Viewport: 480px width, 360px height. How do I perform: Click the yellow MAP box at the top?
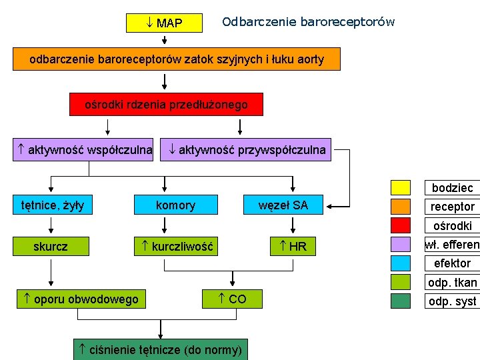(x=164, y=23)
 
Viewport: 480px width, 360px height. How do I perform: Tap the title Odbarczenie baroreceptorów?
(x=308, y=22)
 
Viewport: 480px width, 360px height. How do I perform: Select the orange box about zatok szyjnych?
(x=177, y=59)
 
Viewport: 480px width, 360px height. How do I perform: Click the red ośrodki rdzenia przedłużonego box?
(x=166, y=104)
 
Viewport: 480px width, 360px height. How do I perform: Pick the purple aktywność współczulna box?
(x=83, y=149)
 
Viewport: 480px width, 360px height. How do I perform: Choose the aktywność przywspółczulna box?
(x=247, y=149)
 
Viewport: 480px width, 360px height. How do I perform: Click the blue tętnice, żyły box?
(x=51, y=205)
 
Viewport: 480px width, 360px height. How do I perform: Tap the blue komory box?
(x=175, y=205)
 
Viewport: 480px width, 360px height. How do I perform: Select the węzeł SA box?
(x=283, y=205)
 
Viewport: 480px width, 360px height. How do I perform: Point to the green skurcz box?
(x=51, y=246)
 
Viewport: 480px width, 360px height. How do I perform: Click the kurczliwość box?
(x=175, y=246)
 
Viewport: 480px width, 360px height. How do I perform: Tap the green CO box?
(x=232, y=299)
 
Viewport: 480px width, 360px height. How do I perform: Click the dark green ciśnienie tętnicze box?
(x=159, y=349)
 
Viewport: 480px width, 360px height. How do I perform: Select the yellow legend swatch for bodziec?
(x=401, y=187)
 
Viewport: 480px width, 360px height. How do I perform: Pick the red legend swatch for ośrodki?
(x=401, y=225)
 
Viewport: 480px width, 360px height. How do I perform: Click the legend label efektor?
(x=452, y=263)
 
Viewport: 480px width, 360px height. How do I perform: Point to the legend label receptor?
(x=452, y=207)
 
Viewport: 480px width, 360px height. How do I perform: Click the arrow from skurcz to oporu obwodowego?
(x=51, y=272)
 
